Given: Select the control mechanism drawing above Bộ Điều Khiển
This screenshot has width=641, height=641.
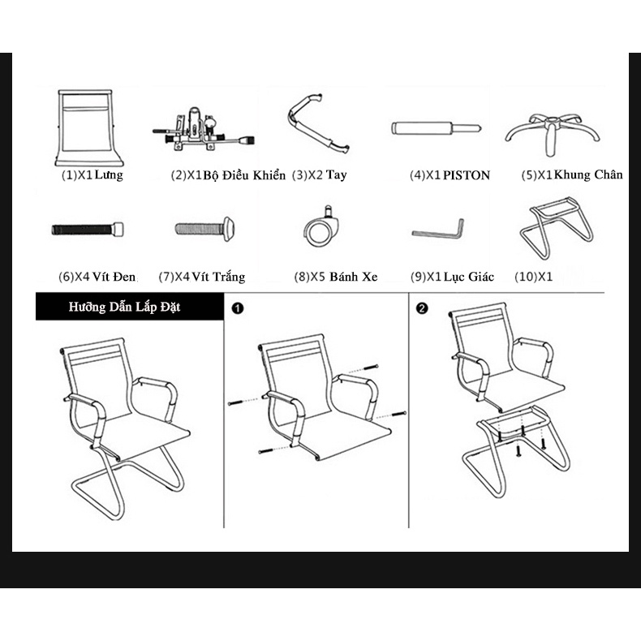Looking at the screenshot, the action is pyautogui.click(x=203, y=131).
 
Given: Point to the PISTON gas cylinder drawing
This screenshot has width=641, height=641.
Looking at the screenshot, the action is pyautogui.click(x=436, y=128).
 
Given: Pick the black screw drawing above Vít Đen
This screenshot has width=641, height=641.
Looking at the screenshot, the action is pyautogui.click(x=88, y=230).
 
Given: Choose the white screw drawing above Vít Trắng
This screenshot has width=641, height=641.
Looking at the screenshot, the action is pyautogui.click(x=204, y=229).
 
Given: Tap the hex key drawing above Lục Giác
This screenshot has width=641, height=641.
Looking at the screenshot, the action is pyautogui.click(x=437, y=234).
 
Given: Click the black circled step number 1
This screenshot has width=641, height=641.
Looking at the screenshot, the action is pyautogui.click(x=238, y=308).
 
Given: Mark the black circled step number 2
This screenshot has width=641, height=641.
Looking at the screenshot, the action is pyautogui.click(x=422, y=308).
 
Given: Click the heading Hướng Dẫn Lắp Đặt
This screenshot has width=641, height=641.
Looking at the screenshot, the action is pyautogui.click(x=124, y=307).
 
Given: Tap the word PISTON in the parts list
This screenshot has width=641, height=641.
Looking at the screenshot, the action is pyautogui.click(x=467, y=175).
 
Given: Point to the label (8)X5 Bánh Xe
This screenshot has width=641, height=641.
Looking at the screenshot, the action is pyautogui.click(x=336, y=277).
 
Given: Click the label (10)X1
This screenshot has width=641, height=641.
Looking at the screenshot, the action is pyautogui.click(x=533, y=277).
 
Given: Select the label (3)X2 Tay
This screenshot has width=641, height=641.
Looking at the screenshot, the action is pyautogui.click(x=319, y=175).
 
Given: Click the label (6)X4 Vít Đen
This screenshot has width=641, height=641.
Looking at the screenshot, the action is pyautogui.click(x=97, y=277).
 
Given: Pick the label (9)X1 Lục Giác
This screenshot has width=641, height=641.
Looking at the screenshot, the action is pyautogui.click(x=452, y=277).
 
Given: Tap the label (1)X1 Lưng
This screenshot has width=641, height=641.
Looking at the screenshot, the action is pyautogui.click(x=92, y=175).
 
